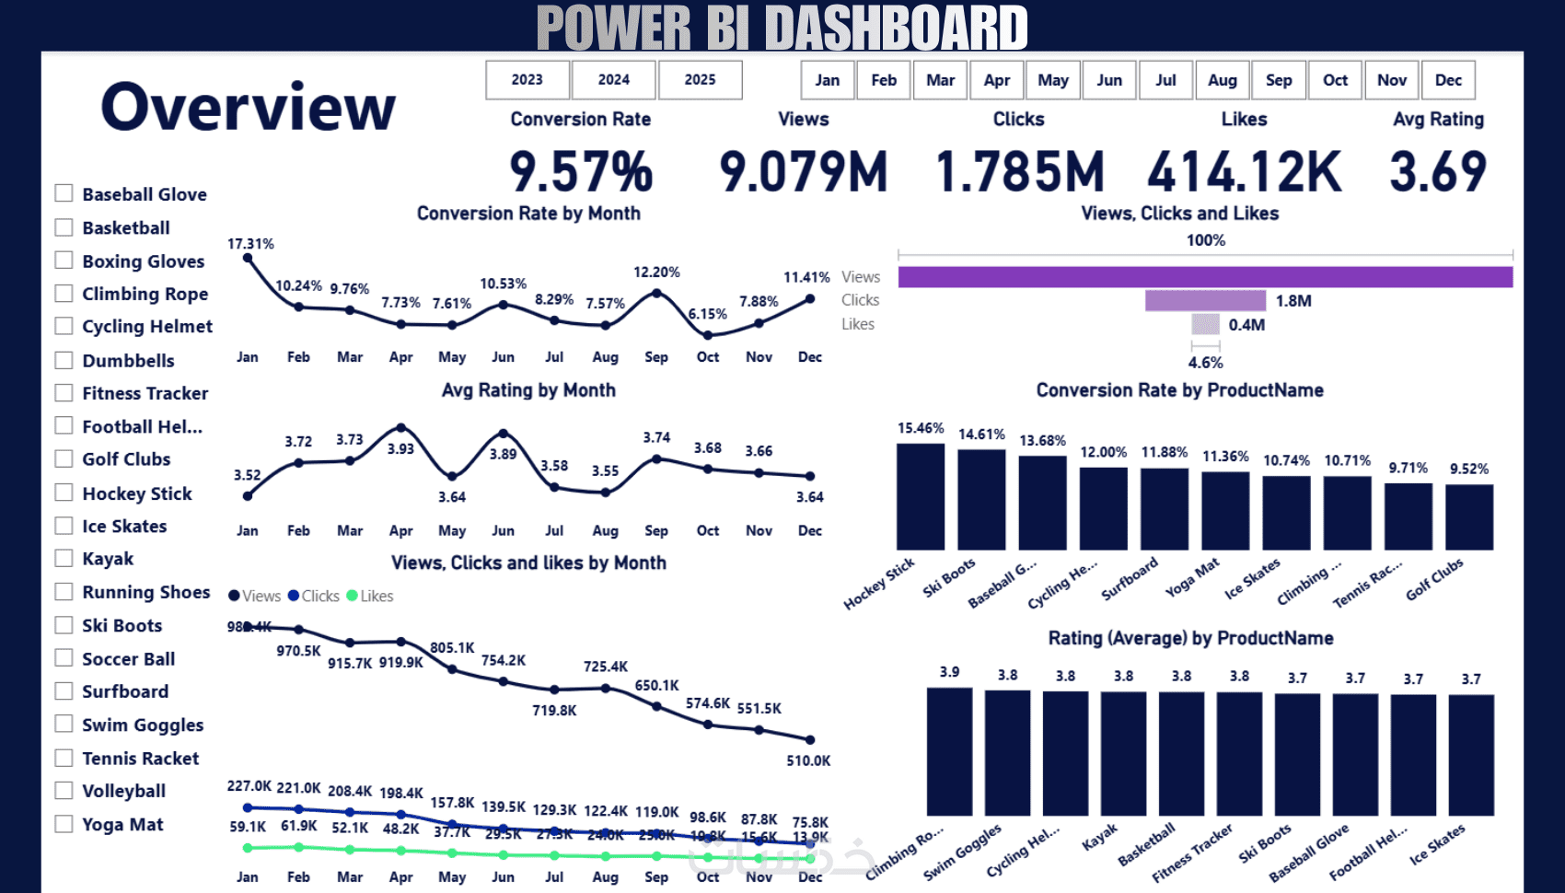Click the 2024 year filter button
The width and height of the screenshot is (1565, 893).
point(613,80)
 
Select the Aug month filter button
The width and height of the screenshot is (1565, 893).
point(1222,80)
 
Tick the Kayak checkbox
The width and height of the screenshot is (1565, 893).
point(64,558)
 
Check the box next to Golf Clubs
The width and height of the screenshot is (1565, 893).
point(64,458)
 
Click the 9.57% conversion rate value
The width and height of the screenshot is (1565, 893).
point(581,172)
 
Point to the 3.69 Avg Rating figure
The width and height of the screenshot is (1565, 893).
point(1437,172)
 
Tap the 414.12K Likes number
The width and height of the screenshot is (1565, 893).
point(1244,172)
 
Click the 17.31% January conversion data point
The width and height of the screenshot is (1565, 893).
point(248,258)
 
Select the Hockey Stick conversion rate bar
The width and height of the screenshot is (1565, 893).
point(921,497)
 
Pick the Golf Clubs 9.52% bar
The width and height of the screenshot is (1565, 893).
point(1469,517)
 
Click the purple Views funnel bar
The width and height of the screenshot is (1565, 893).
point(1205,277)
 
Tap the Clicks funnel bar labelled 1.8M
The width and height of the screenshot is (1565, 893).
point(1205,301)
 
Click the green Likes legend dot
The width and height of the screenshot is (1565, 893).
point(352,596)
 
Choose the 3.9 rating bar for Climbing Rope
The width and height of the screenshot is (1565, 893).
point(949,751)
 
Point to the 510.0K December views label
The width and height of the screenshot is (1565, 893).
point(808,760)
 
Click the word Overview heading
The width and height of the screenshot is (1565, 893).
point(248,107)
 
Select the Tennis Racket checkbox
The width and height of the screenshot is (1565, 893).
point(64,758)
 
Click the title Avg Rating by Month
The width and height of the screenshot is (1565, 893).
point(528,390)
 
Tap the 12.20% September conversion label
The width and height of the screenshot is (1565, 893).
point(656,273)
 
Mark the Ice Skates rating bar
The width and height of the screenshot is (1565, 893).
point(1471,755)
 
